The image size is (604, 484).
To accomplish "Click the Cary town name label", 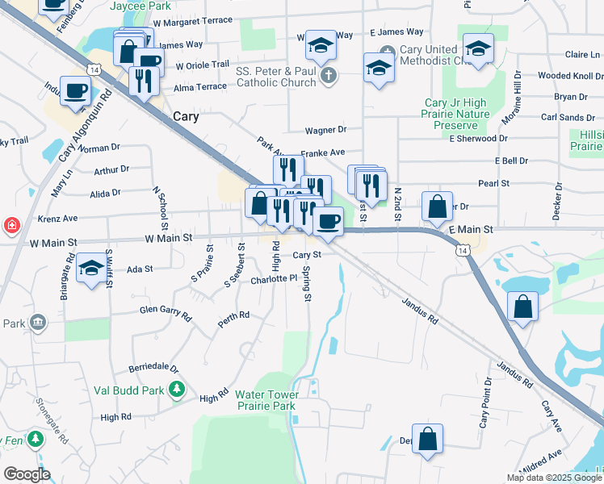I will tap(186, 116).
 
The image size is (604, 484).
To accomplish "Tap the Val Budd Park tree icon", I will tap(178, 390).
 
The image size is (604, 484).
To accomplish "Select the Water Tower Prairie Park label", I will tap(266, 400).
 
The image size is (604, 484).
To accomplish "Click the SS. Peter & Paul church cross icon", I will tap(327, 77).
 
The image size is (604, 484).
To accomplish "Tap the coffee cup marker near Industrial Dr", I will tap(75, 90).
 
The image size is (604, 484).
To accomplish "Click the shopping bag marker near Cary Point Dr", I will tap(428, 440).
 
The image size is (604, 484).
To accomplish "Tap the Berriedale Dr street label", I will tap(153, 368).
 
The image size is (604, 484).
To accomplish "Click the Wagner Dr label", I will tap(325, 129).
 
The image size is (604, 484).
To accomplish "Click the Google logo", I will tap(27, 474).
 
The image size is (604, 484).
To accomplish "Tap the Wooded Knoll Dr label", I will tap(565, 76).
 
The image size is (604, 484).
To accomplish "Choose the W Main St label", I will tap(169, 238).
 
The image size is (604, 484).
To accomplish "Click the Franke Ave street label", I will tap(323, 152).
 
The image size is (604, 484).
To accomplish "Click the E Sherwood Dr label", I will tap(478, 138).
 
